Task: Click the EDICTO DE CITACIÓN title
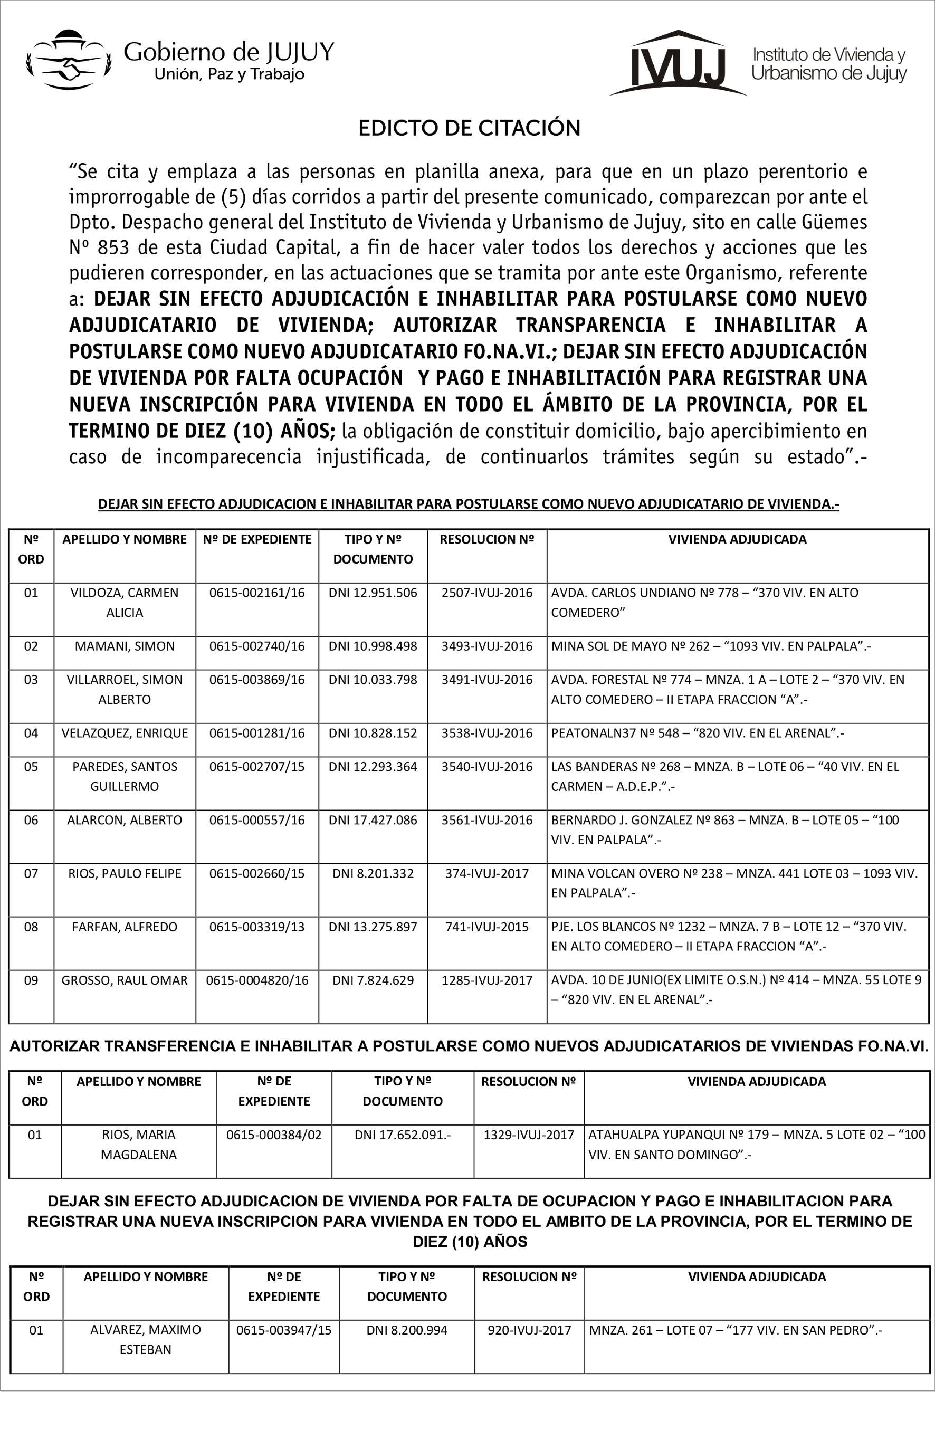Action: (469, 128)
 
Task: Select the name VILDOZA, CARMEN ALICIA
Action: (125, 602)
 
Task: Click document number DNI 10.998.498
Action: (373, 646)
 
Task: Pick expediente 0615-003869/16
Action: (257, 680)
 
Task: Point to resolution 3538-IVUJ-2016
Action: (486, 733)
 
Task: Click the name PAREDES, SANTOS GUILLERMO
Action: (125, 776)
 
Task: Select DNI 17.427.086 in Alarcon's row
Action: (373, 820)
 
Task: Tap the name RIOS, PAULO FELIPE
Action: (125, 873)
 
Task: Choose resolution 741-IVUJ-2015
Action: (486, 927)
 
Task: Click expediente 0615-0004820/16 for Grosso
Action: (257, 980)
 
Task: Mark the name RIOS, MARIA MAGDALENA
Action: (138, 1145)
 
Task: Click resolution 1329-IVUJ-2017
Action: (528, 1135)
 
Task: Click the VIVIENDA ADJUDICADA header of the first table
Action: (737, 539)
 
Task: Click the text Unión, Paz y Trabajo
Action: (229, 74)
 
